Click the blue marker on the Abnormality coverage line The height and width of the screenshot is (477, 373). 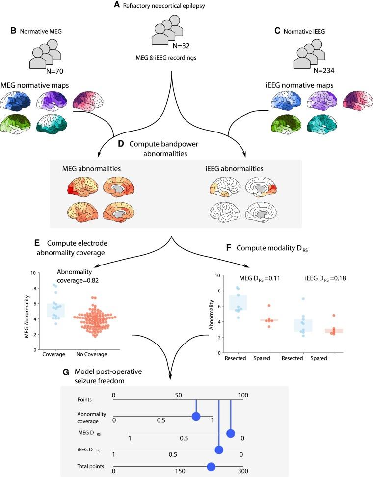[x=196, y=417]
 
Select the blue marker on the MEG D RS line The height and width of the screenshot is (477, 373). [x=231, y=433]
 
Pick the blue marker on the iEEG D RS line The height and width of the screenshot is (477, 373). [x=219, y=450]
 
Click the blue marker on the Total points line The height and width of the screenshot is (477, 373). [x=211, y=466]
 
